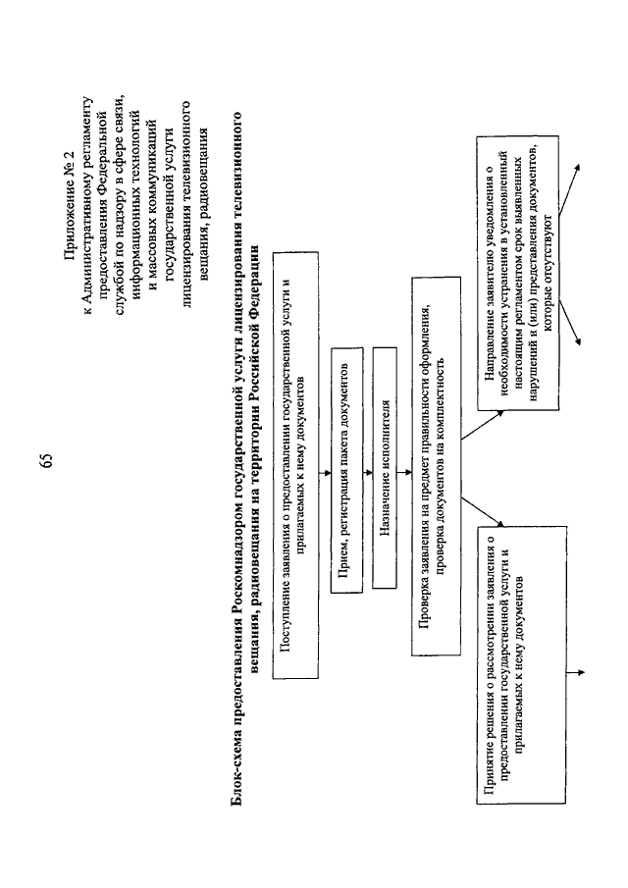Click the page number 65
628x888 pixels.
pos(47,460)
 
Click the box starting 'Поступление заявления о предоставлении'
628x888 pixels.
pos(295,465)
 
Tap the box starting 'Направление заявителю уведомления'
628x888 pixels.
pos(518,273)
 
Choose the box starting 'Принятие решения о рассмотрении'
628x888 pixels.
pos(522,664)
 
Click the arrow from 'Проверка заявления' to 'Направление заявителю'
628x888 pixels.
pos(482,425)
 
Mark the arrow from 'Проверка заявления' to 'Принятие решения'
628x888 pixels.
pos(482,511)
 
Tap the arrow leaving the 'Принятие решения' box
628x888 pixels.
pos(575,673)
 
